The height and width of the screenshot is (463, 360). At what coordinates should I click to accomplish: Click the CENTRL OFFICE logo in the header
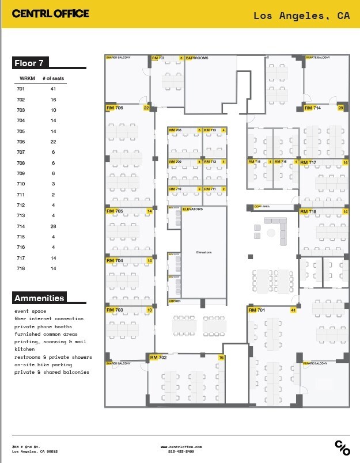tap(51, 13)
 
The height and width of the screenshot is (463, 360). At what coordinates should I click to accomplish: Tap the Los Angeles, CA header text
tap(301, 16)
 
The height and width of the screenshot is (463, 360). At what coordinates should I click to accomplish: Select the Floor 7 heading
tap(32, 63)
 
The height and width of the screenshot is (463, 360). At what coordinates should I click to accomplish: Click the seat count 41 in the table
tap(53, 89)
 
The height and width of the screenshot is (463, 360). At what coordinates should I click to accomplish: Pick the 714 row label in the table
tap(21, 226)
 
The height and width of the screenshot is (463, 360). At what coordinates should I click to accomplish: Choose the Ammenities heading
tap(39, 298)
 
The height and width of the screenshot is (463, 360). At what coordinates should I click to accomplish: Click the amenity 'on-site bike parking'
tap(43, 365)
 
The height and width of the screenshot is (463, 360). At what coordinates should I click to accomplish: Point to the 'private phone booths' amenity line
tap(43, 327)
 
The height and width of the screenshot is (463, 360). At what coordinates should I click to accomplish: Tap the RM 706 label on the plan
tap(115, 108)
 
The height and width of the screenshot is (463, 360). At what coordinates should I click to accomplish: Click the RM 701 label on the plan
tap(256, 310)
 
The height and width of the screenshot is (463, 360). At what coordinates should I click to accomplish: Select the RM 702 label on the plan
tap(158, 358)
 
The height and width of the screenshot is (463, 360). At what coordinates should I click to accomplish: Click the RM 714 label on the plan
tap(312, 108)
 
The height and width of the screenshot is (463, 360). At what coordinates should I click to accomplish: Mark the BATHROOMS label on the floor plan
tap(197, 58)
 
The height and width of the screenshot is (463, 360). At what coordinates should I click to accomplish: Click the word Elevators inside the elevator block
tap(204, 252)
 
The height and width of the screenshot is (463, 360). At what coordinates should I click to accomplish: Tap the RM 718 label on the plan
tap(308, 212)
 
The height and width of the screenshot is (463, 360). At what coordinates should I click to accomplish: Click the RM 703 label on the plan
tap(115, 310)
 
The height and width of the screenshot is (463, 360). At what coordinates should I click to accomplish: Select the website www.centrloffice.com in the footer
tap(181, 446)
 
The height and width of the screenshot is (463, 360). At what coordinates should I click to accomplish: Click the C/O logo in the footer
tap(342, 447)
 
